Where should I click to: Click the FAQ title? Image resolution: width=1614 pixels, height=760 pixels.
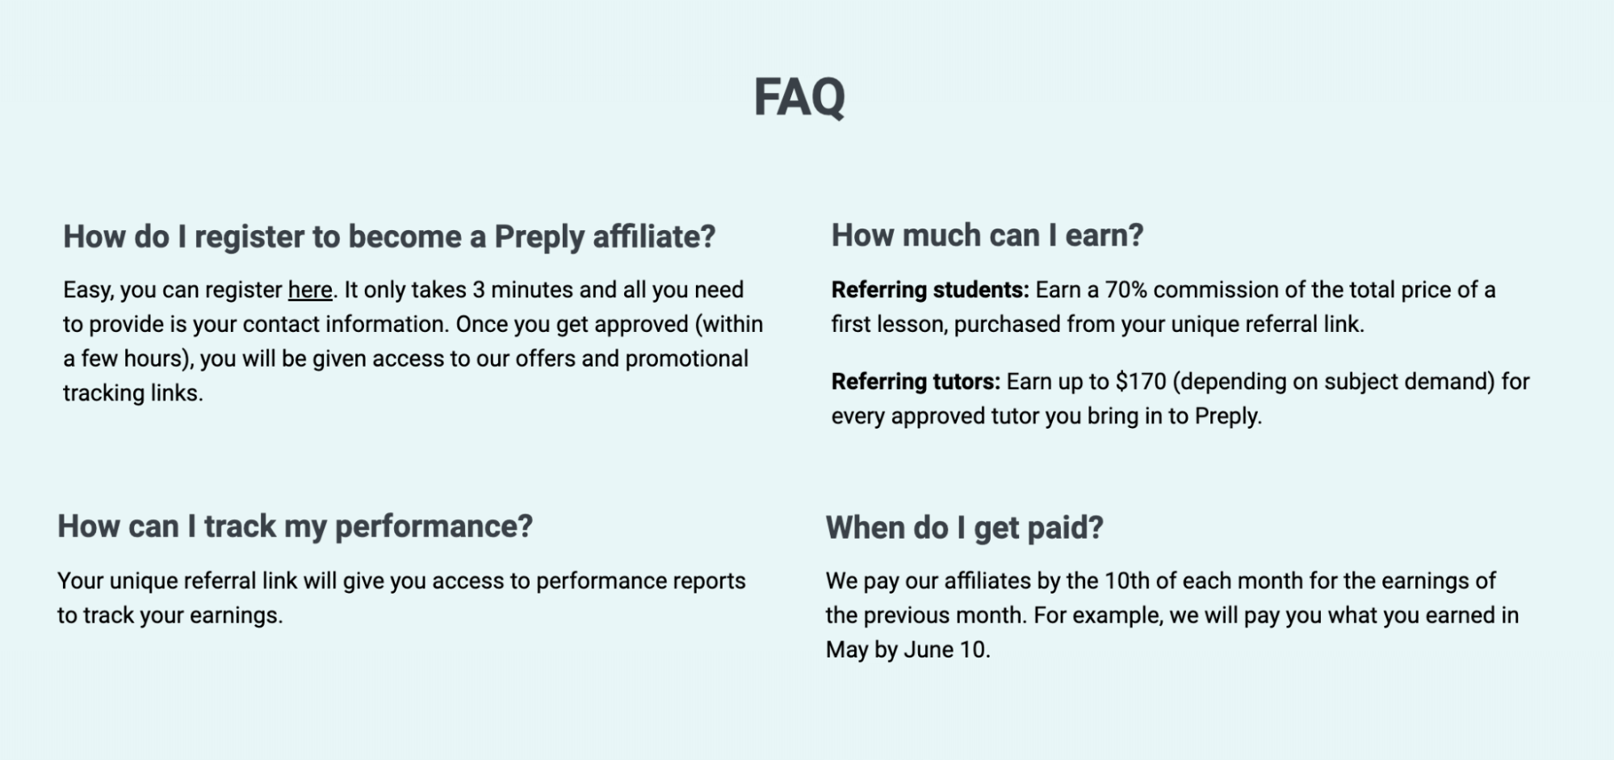click(799, 97)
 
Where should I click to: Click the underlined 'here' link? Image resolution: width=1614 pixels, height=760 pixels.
click(310, 290)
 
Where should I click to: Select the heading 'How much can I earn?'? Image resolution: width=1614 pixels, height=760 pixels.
click(987, 236)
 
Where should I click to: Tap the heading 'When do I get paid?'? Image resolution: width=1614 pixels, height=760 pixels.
click(964, 528)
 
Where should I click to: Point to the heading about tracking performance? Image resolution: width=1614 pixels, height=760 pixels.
click(295, 527)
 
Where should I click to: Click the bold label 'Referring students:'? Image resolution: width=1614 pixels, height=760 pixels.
click(930, 290)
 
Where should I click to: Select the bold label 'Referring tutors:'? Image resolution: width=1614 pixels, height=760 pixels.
click(916, 381)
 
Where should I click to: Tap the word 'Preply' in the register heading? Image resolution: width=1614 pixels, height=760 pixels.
click(539, 237)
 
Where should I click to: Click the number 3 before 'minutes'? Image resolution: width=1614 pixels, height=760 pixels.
click(479, 290)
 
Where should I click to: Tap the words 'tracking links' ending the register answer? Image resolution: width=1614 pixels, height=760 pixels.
click(132, 393)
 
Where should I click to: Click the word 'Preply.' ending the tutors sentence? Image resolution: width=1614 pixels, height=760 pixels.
click(1228, 416)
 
